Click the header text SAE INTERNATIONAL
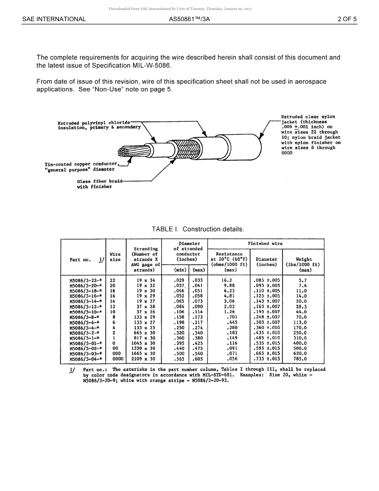point(54,19)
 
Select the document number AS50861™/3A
point(189,19)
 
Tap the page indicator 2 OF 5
point(347,19)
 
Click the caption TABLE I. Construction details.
point(197,229)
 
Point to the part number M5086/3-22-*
point(85,281)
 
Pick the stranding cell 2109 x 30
point(143,359)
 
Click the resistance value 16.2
point(227,281)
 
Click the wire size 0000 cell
point(115,359)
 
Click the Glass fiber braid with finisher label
point(95,184)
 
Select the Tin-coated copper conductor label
point(81,166)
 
